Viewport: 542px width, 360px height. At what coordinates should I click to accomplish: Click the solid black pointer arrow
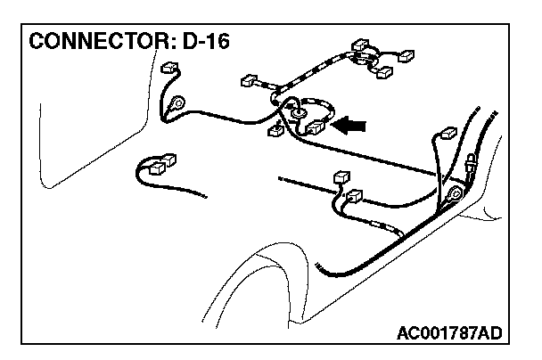pyautogui.click(x=350, y=127)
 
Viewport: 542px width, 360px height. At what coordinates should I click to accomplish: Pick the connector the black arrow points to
pyautogui.click(x=315, y=128)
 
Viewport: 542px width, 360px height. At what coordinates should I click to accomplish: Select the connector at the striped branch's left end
pyautogui.click(x=250, y=83)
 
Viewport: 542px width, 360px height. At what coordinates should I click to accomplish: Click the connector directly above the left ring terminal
pyautogui.click(x=168, y=68)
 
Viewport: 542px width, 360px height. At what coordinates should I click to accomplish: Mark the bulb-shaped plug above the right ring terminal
pyautogui.click(x=470, y=165)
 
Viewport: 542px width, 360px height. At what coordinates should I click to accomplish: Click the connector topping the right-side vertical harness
pyautogui.click(x=448, y=135)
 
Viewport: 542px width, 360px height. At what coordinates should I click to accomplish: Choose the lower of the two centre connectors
pyautogui.click(x=354, y=198)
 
